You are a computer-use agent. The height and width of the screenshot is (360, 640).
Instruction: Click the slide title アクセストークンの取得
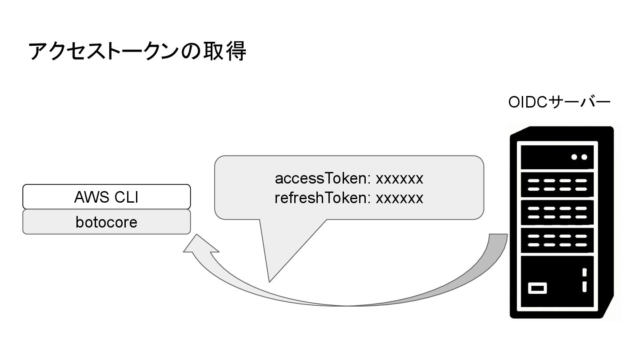[x=137, y=51]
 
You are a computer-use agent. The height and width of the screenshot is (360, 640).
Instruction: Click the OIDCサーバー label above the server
[x=559, y=103]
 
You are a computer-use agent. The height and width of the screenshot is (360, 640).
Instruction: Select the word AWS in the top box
[x=92, y=197]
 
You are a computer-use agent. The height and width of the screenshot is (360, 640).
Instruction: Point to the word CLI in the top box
[x=126, y=197]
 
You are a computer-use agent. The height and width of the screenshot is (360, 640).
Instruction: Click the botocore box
[x=107, y=222]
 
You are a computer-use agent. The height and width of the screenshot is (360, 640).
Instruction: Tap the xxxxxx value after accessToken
[x=400, y=179]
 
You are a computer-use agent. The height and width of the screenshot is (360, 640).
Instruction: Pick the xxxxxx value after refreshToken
[x=400, y=198]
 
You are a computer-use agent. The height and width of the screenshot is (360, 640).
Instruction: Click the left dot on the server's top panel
[x=574, y=157]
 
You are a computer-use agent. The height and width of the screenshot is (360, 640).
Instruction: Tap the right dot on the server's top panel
[x=584, y=157]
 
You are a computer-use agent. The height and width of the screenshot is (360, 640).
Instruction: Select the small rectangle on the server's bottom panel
[x=537, y=288]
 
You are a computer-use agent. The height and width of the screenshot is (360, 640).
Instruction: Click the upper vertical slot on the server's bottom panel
[x=584, y=272]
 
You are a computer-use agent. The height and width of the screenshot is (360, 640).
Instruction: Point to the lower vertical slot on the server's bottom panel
[x=584, y=287]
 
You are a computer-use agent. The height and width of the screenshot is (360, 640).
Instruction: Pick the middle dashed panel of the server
[x=557, y=212]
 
